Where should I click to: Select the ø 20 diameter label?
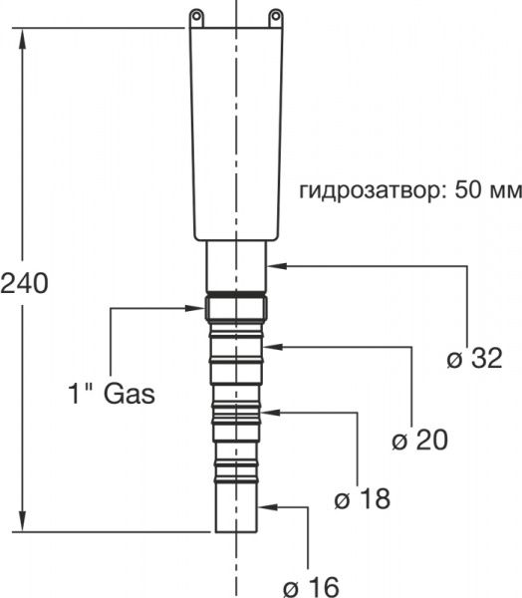pyautogui.click(x=419, y=439)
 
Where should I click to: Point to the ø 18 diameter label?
pyautogui.click(x=363, y=498)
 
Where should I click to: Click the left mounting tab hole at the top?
pyautogui.click(x=197, y=15)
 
